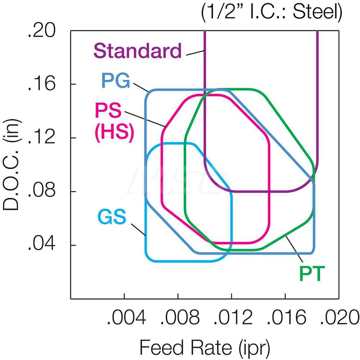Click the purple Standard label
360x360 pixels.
(138, 51)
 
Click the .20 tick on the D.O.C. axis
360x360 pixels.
(41, 32)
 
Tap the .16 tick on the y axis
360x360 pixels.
(41, 84)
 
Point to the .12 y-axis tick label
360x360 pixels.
(41, 138)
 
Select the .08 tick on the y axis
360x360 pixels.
(41, 191)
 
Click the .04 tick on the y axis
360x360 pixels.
(41, 245)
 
